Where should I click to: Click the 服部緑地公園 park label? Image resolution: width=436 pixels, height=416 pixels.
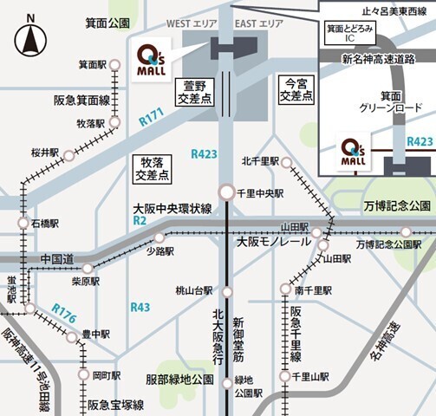pos(179,380)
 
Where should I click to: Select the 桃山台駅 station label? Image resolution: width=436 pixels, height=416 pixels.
pos(194,291)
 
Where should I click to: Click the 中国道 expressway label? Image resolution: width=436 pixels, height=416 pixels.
pos(57,258)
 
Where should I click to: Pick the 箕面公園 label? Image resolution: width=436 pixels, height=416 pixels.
pos(107,23)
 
